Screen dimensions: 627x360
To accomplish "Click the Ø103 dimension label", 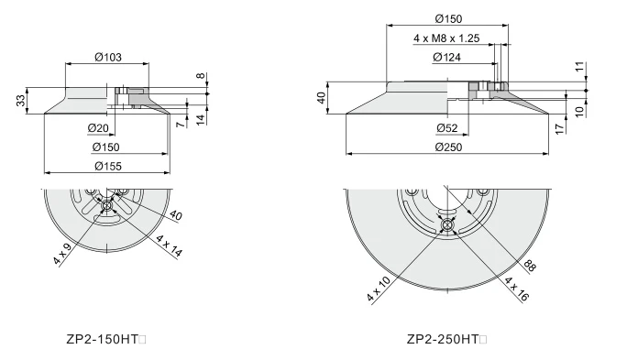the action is tap(108, 58).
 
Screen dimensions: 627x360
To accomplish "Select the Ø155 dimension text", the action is tap(108, 166).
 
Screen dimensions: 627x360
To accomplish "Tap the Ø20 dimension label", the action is tap(98, 128).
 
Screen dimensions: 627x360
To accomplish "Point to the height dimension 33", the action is tap(21, 100).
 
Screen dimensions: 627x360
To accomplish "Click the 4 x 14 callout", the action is tap(170, 245).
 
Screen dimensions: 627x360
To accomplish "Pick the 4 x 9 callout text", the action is tap(62, 254).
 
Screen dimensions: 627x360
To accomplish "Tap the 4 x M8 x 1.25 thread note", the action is tap(446, 38).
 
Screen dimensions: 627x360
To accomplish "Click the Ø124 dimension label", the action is tap(446, 58).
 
